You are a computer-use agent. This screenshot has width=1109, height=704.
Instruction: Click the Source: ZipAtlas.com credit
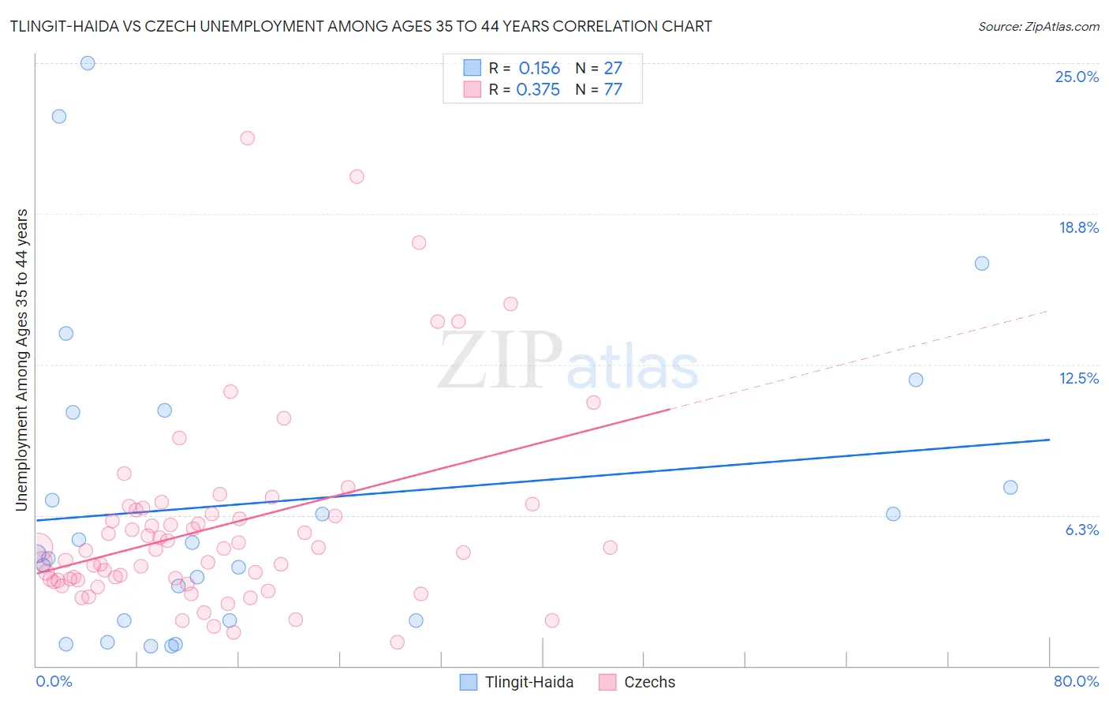click(x=1038, y=27)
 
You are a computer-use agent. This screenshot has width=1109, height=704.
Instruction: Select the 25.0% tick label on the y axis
click(x=1077, y=77)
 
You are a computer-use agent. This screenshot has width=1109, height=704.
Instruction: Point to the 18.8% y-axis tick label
click(x=1078, y=227)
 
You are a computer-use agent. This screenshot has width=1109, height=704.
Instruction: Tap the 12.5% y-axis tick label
click(x=1078, y=378)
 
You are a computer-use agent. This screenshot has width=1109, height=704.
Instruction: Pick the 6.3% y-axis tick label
click(x=1081, y=530)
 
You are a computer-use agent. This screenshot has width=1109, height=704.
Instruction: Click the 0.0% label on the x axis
click(x=54, y=681)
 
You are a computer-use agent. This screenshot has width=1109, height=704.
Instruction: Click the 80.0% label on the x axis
click(x=1076, y=681)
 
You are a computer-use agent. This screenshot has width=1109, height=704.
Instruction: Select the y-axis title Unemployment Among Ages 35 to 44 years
click(x=22, y=360)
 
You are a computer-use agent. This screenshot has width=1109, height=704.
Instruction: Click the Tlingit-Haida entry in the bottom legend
click(x=528, y=682)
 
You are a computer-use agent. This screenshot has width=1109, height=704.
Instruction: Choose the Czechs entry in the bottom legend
click(x=649, y=682)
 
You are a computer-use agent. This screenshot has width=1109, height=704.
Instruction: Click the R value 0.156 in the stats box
click(x=540, y=69)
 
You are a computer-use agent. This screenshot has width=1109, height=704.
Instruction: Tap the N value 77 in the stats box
click(x=613, y=89)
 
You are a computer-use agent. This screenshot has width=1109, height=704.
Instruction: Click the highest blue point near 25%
click(x=88, y=63)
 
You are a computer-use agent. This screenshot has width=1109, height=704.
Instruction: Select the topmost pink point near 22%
click(x=247, y=138)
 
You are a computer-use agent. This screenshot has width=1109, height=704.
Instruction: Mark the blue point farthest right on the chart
click(x=1010, y=487)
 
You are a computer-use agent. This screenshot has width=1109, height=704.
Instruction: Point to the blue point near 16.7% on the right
click(x=982, y=264)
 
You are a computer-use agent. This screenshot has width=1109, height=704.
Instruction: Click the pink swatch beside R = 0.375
click(x=472, y=89)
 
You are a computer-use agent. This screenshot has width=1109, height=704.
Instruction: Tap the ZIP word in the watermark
click(x=500, y=361)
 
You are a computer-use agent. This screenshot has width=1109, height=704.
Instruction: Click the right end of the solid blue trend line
click(x=1049, y=440)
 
